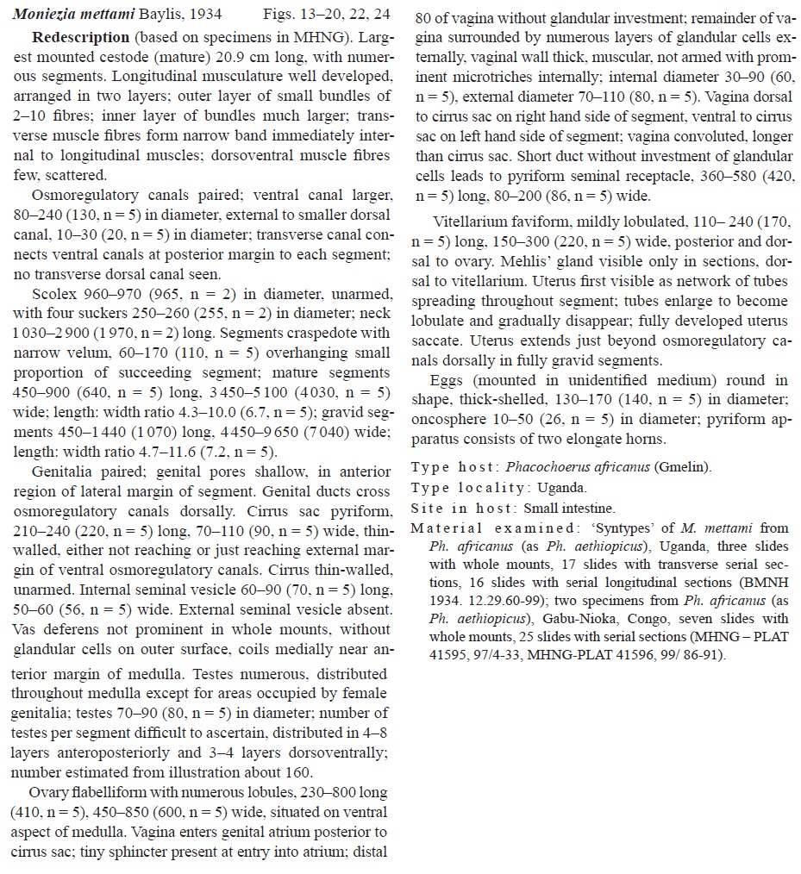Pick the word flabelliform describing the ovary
tap(106, 793)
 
